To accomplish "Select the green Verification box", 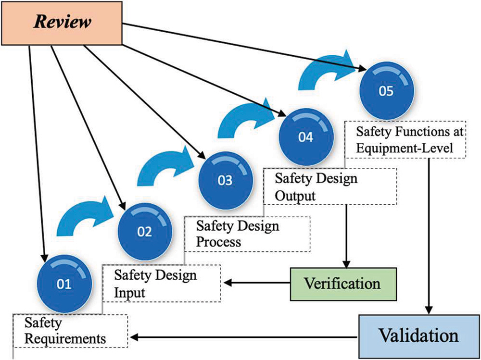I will pyautogui.click(x=343, y=283).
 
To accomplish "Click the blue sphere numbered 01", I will pyautogui.click(x=64, y=284).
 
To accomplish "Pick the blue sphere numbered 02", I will pyautogui.click(x=144, y=232).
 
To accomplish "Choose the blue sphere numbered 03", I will pyautogui.click(x=225, y=181).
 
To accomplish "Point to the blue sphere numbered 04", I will pyautogui.click(x=305, y=137).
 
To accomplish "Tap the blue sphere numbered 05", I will pyautogui.click(x=386, y=91).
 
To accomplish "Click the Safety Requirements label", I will pyautogui.click(x=70, y=331).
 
